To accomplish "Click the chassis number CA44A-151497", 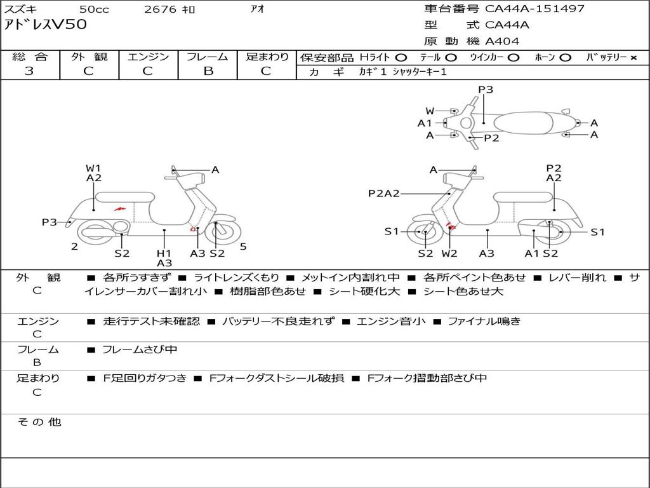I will [534, 9].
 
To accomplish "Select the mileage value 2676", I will [161, 9].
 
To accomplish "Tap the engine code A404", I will [502, 41].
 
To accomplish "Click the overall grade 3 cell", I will [29, 71].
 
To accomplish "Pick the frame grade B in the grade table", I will [208, 71].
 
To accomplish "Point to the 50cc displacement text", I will [93, 9].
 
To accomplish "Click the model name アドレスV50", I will [46, 25].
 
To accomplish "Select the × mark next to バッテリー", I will [633, 57].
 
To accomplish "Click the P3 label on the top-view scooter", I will [486, 90].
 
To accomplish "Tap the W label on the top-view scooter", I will [430, 111].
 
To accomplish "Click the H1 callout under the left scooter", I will [164, 253].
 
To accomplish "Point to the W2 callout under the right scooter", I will [449, 253].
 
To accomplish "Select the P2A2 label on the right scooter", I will [383, 193].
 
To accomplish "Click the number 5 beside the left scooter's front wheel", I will [243, 247].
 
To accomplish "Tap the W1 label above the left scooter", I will [93, 168].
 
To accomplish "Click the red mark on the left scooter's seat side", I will [119, 208].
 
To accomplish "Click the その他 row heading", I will [39, 422].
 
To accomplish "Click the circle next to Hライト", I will [401, 57].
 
